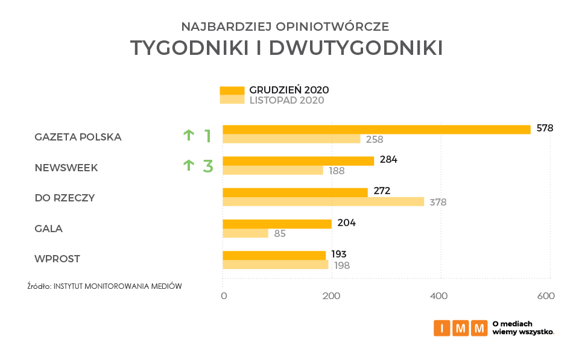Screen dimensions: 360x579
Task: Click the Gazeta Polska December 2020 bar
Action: (x=376, y=129)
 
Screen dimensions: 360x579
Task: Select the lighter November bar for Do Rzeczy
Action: (x=323, y=201)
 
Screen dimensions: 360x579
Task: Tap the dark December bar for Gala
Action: (x=277, y=224)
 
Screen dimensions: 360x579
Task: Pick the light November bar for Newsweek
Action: (x=273, y=170)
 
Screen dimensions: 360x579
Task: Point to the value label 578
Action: (x=545, y=128)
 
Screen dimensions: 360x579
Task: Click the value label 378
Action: (x=438, y=202)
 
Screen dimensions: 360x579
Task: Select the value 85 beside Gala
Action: (x=280, y=233)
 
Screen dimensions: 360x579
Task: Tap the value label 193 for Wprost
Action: (x=339, y=254)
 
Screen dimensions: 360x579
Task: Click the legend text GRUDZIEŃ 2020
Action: (x=289, y=90)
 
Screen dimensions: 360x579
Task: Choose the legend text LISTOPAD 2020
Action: (x=286, y=100)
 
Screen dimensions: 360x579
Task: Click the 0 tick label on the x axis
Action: (x=224, y=296)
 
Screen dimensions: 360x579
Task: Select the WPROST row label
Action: (x=57, y=259)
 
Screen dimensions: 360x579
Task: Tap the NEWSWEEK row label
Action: (x=66, y=168)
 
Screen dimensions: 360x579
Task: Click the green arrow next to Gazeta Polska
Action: (x=188, y=136)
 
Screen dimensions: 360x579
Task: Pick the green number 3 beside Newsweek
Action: (x=208, y=166)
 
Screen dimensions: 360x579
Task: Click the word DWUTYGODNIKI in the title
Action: (x=356, y=48)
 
